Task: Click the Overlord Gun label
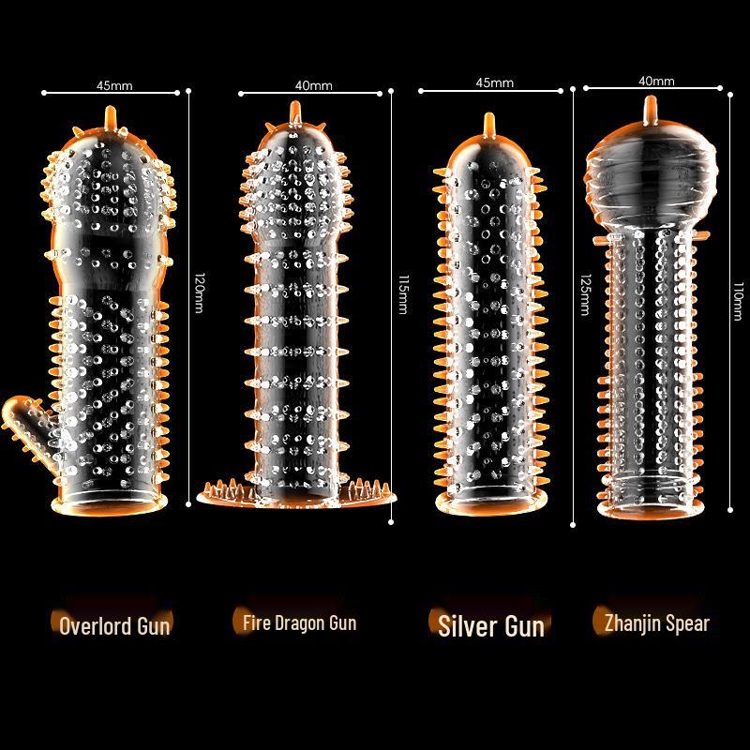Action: (x=114, y=625)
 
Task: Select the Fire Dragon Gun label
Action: (x=299, y=622)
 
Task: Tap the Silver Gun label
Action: (x=491, y=626)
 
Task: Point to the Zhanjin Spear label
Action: (x=657, y=623)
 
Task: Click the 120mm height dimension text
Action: (x=200, y=292)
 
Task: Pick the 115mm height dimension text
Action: (x=403, y=294)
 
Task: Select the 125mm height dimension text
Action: (x=585, y=294)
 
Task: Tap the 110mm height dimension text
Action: (x=739, y=301)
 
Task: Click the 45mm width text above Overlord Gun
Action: (x=114, y=85)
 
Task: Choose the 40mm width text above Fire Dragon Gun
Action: (x=314, y=85)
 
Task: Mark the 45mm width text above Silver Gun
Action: (x=495, y=82)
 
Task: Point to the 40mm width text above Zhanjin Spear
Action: (x=657, y=82)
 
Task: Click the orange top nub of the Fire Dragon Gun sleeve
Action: (x=295, y=112)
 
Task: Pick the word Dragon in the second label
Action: (x=294, y=623)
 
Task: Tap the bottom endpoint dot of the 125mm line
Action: (x=573, y=525)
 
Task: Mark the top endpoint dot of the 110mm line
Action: (x=730, y=95)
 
